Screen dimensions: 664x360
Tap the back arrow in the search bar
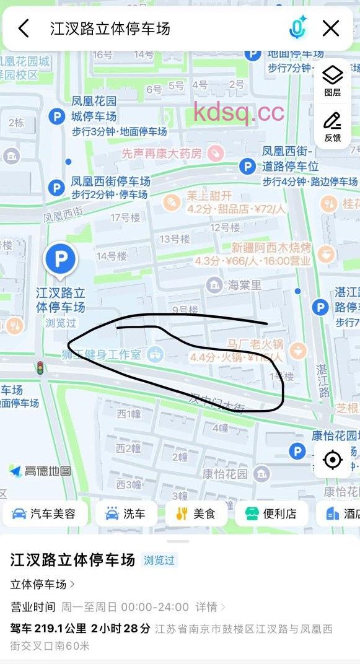(x=24, y=28)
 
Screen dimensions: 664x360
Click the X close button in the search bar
(x=331, y=28)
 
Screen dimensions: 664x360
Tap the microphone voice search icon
(x=298, y=28)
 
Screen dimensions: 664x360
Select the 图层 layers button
(x=333, y=81)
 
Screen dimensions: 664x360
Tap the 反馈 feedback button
(x=333, y=126)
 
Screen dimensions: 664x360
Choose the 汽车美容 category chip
(x=45, y=513)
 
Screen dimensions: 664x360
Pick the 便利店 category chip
(x=271, y=513)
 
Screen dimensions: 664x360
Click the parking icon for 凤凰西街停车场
(x=57, y=187)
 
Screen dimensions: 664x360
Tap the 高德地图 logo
(x=40, y=471)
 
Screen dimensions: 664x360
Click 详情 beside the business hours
(x=208, y=606)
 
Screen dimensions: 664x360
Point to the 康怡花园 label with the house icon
(x=226, y=474)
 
